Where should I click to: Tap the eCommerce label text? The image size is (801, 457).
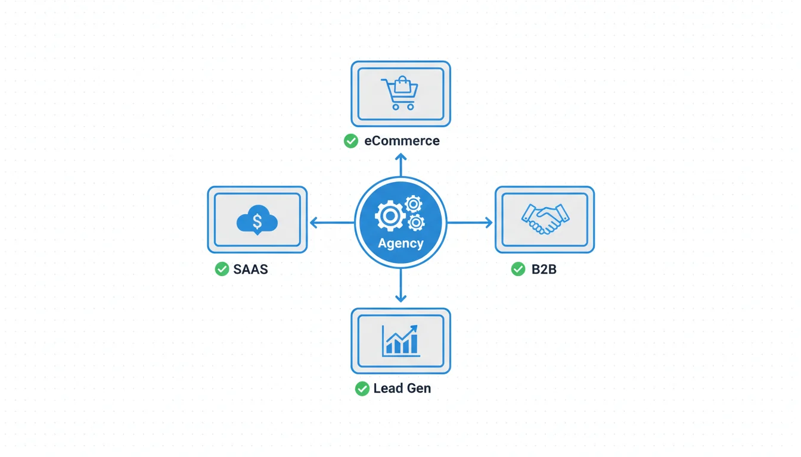(402, 141)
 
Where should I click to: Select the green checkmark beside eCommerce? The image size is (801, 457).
(351, 141)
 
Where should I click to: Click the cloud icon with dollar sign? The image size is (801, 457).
(257, 222)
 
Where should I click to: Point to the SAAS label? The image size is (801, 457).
(250, 269)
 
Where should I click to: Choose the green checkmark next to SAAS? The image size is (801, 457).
(222, 269)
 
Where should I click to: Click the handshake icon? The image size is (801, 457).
(545, 219)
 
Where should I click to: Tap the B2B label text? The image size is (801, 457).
(544, 269)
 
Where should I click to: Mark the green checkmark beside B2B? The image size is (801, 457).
(518, 269)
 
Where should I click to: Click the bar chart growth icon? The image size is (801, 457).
(401, 341)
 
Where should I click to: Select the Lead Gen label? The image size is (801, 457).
(402, 389)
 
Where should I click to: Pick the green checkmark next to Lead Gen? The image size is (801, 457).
(362, 389)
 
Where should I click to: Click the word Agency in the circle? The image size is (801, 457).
(401, 243)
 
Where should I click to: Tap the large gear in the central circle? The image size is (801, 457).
(390, 216)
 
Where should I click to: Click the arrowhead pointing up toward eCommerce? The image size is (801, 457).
(401, 157)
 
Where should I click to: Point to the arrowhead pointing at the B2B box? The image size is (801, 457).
(489, 223)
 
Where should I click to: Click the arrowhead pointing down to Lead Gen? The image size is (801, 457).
(401, 298)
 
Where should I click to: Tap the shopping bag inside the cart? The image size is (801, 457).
(403, 84)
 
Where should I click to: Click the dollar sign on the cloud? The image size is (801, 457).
(257, 221)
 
